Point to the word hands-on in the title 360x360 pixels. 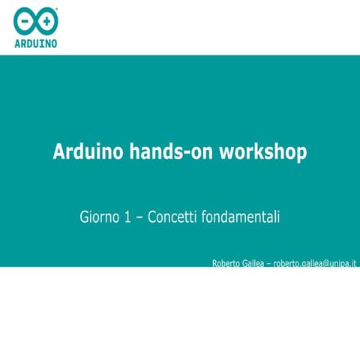tap(172, 152)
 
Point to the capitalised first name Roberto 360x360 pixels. tap(225, 263)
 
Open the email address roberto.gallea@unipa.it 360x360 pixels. tap(314, 263)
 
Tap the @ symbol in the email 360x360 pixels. tap(325, 263)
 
